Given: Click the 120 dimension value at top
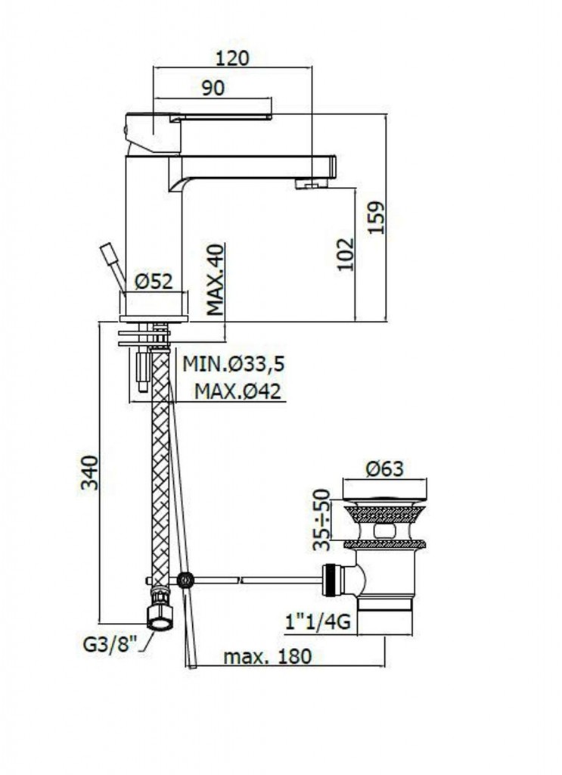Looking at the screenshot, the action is tap(233, 58).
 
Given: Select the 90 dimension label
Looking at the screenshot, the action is tap(213, 88).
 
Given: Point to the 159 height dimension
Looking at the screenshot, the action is tap(376, 218).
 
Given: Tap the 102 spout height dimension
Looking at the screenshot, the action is tap(346, 254).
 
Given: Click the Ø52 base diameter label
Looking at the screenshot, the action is tap(154, 282).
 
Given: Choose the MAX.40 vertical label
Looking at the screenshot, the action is tap(215, 280).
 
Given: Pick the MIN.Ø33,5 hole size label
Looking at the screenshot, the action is tap(234, 364).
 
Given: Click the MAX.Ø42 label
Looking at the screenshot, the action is tap(238, 391).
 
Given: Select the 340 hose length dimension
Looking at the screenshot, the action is tap(90, 472).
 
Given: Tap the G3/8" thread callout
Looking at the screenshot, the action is tap(109, 646).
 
